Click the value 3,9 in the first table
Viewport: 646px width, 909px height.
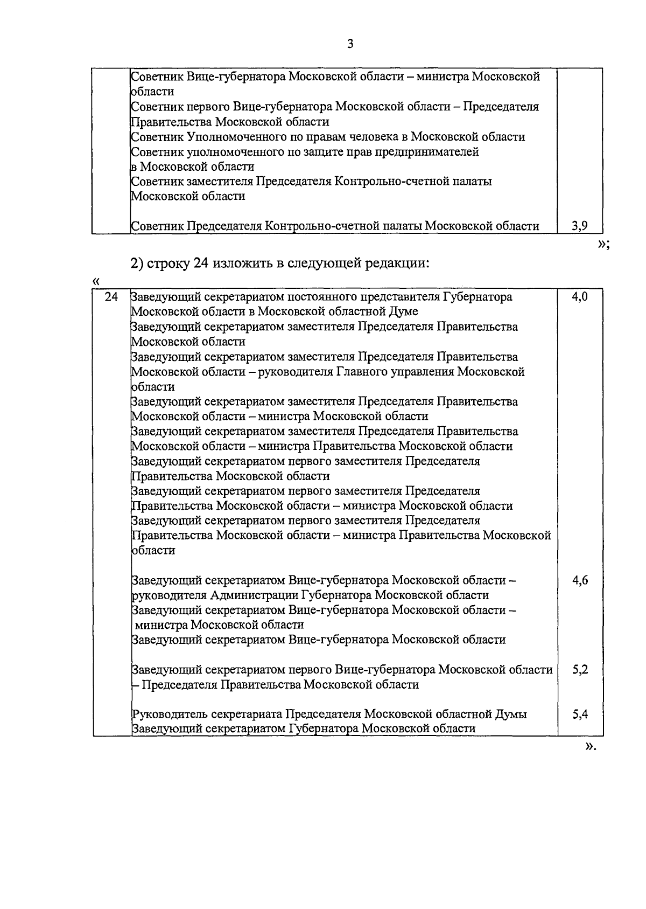(579, 226)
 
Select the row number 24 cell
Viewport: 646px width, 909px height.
(111, 297)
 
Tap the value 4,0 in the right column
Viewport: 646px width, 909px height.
(580, 297)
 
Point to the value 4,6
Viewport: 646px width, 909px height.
(580, 580)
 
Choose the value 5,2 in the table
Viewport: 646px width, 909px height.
(580, 670)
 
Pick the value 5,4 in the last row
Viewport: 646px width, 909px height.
(580, 714)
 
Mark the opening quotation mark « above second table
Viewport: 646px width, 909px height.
(96, 281)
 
